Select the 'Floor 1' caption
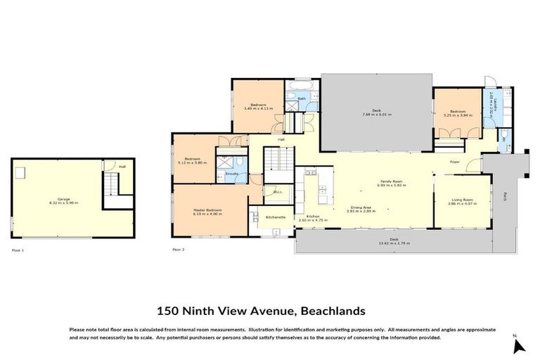pyautogui.click(x=18, y=250)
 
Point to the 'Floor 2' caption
pyautogui.click(x=179, y=250)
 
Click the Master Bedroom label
pyautogui.click(x=208, y=210)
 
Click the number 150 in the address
pyautogui.click(x=168, y=310)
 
